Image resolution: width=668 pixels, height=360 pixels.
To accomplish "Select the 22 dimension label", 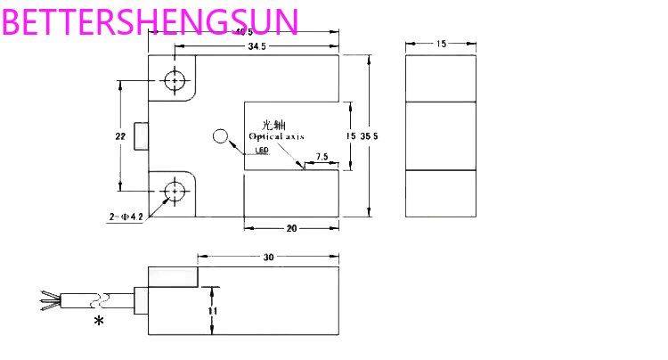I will click(119, 136).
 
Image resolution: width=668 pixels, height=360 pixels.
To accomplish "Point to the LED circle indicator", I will click(221, 137).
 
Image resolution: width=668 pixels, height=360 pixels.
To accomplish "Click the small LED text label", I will click(262, 151).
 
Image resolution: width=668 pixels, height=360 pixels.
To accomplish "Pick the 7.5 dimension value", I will click(322, 156).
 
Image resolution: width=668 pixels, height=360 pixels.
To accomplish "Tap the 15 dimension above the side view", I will click(441, 43).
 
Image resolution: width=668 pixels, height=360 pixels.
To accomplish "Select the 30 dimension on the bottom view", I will click(268, 258).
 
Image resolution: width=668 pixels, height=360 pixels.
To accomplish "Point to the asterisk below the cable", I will click(98, 320).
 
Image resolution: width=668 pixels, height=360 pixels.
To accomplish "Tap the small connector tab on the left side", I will click(140, 136).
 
